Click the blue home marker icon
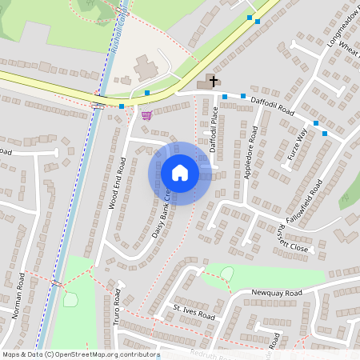point(180,174)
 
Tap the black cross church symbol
point(213,81)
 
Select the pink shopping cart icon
point(146,115)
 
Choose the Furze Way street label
point(298,145)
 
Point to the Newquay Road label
point(277,294)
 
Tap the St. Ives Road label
point(194,311)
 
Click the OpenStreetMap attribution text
point(81,354)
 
